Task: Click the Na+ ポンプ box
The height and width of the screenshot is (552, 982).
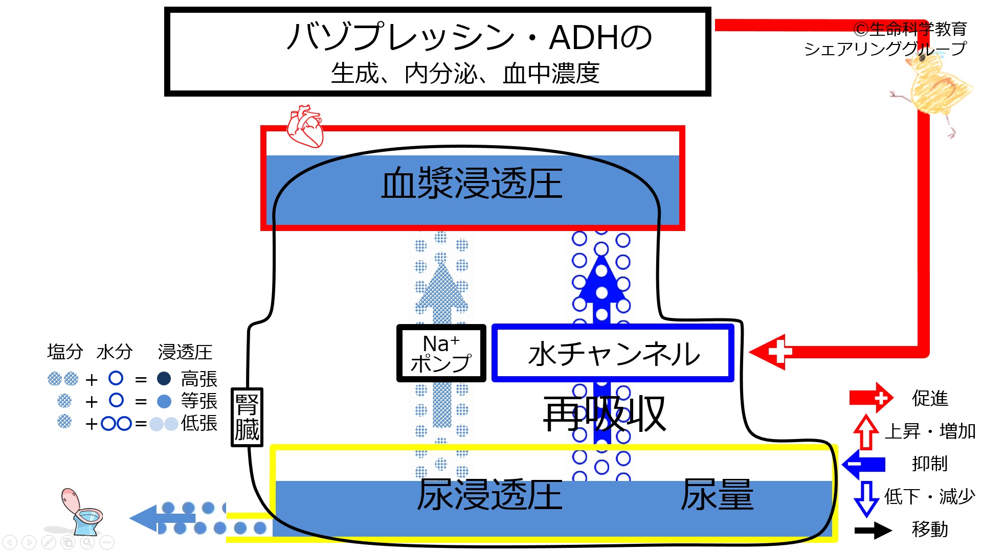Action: [441, 353]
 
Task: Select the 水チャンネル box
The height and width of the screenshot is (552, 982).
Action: [613, 353]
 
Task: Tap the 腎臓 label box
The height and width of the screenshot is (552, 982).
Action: [247, 417]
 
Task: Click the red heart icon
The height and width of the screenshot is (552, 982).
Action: [305, 126]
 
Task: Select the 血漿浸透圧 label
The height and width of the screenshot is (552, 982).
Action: [472, 183]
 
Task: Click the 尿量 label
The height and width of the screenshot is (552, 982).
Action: [717, 495]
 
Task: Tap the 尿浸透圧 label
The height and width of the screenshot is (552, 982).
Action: [490, 495]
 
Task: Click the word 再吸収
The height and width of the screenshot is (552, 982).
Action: [605, 414]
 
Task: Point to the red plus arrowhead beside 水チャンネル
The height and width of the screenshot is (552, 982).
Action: [767, 352]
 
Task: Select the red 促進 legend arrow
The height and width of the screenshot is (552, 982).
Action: [871, 398]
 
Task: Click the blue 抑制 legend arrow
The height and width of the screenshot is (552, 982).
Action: [863, 464]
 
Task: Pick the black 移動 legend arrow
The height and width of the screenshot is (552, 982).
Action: [873, 530]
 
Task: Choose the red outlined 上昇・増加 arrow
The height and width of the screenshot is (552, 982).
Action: [865, 432]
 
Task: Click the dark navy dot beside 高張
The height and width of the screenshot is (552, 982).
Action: [164, 378]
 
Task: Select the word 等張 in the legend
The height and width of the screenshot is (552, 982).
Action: [199, 401]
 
